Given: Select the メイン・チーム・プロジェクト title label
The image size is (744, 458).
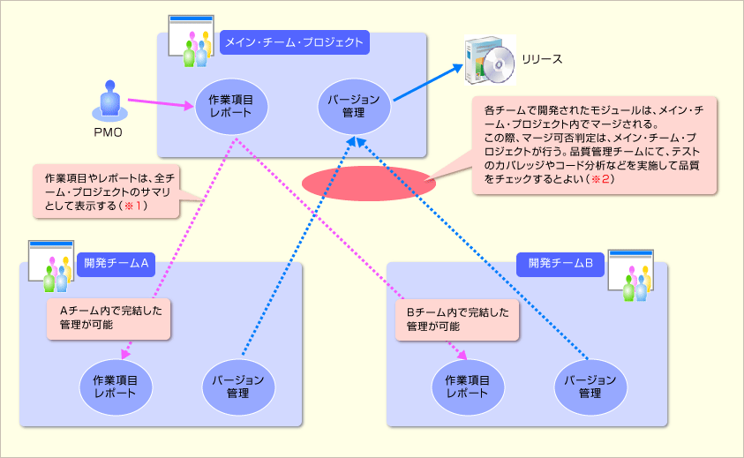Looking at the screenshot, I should click(x=293, y=41).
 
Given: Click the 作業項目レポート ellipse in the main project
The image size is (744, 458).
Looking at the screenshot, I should click(x=231, y=105).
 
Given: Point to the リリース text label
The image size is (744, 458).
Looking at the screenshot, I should click(x=542, y=59).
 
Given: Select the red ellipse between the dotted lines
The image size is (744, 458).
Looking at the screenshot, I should click(x=368, y=182).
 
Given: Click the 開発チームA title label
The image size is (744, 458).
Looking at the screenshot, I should click(x=116, y=262).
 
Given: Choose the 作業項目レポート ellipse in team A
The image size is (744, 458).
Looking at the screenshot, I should click(x=115, y=386).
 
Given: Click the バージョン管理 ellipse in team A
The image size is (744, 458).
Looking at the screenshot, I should click(x=238, y=386).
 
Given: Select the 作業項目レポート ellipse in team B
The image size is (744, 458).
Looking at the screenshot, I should click(x=467, y=386).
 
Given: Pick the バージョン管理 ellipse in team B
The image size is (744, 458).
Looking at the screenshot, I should click(x=590, y=386).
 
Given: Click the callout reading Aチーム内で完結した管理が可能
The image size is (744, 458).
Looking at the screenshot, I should click(x=109, y=319).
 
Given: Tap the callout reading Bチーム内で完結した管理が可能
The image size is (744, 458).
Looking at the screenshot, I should click(x=456, y=319).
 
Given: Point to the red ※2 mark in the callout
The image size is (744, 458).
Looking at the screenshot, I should click(x=600, y=178).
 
